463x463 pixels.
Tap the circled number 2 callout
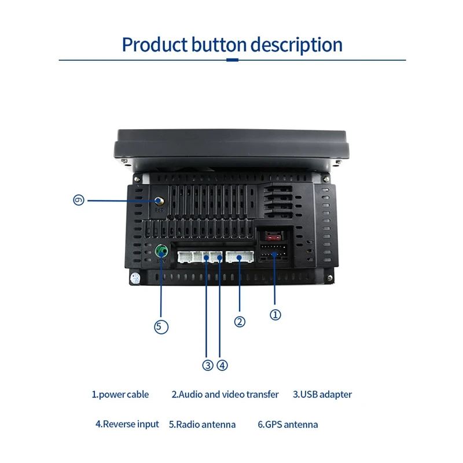240,322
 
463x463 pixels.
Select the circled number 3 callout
208,365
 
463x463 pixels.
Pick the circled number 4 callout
223,365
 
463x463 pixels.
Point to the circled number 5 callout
161,326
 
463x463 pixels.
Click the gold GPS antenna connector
159,201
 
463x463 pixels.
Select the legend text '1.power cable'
120,395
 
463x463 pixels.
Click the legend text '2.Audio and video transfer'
225,395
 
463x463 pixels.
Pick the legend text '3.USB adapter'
322,395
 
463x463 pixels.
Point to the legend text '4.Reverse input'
127,424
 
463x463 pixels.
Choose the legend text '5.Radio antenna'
203,425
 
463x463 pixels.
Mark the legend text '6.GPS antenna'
288,425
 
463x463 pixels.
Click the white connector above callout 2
240,256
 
